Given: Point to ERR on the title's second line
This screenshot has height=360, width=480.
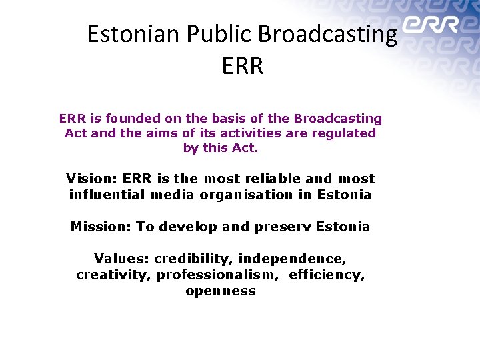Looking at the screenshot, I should pos(241,66).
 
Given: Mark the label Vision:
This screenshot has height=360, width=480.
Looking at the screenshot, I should pos(92,179).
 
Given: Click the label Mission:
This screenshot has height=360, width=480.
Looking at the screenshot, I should pos(101,227).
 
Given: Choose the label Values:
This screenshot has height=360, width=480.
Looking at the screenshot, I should pos(122,259).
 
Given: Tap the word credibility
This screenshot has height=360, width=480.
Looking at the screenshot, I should pos(193,259).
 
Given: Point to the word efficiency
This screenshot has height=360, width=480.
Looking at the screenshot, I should pos(327,275).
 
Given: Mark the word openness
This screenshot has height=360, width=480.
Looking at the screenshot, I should pos(221,291).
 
